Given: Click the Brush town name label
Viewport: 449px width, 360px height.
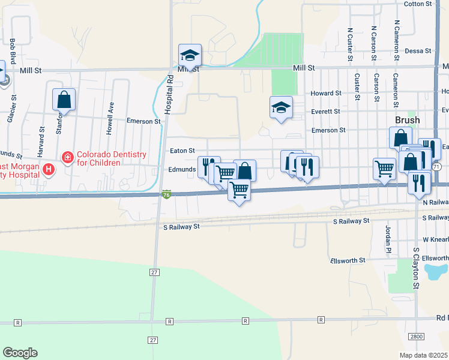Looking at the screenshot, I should click(x=407, y=120).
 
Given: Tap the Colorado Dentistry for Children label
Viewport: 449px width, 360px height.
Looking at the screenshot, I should click(x=111, y=159).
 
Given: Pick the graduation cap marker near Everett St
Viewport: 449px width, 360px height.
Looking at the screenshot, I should click(x=281, y=107).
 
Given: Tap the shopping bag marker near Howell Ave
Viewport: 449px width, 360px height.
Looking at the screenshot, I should click(x=64, y=99).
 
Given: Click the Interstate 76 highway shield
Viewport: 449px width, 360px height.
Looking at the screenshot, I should click(x=166, y=194).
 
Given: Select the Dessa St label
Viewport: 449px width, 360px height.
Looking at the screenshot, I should click(x=419, y=51).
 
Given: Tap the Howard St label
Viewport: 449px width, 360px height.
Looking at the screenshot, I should click(x=326, y=93).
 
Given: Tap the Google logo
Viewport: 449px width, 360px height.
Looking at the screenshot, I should click(x=20, y=353).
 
